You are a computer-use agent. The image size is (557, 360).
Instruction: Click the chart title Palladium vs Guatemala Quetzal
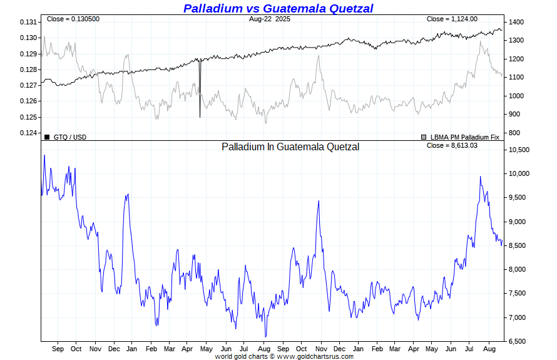click(x=278, y=8)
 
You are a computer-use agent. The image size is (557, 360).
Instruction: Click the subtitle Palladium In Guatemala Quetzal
click(x=290, y=147)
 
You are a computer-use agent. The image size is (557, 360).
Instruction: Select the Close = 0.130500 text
click(x=73, y=19)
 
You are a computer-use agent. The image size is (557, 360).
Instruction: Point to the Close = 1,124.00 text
click(x=452, y=19)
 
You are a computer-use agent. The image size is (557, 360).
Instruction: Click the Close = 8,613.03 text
click(x=451, y=146)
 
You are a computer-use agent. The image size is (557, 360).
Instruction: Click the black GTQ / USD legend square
click(x=47, y=136)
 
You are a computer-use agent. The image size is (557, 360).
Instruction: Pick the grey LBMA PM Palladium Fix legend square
click(x=424, y=136)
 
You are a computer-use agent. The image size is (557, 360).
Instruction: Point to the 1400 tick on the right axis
click(x=516, y=22)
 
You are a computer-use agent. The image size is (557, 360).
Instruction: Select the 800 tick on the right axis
click(x=514, y=133)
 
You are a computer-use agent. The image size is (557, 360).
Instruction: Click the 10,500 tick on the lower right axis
click(x=519, y=150)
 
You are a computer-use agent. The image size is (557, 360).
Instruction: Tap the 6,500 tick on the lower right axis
click(x=517, y=341)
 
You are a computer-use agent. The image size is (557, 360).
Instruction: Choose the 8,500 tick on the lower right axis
click(x=517, y=245)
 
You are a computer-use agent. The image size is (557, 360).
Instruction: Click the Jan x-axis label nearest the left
click(x=132, y=349)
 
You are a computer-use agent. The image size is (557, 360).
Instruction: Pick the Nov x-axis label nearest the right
click(x=320, y=349)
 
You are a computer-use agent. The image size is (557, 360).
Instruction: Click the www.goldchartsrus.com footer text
click(x=315, y=356)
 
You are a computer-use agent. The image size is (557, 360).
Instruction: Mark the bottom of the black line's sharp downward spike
click(x=200, y=117)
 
